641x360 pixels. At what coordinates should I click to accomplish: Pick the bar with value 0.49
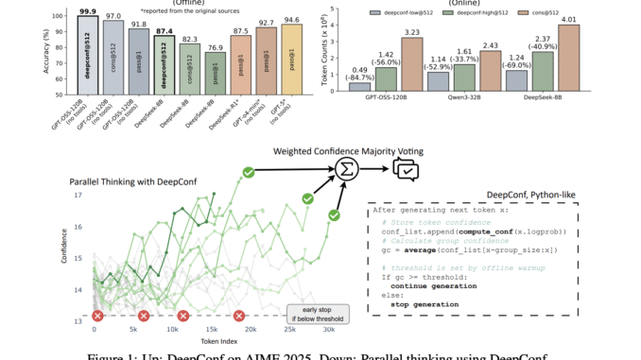pyautogui.click(x=360, y=86)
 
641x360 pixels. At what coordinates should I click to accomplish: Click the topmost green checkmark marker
pyautogui.click(x=222, y=172)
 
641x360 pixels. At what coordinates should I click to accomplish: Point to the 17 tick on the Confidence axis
pyautogui.click(x=78, y=196)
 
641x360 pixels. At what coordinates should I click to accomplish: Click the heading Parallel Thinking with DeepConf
pyautogui.click(x=152, y=180)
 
